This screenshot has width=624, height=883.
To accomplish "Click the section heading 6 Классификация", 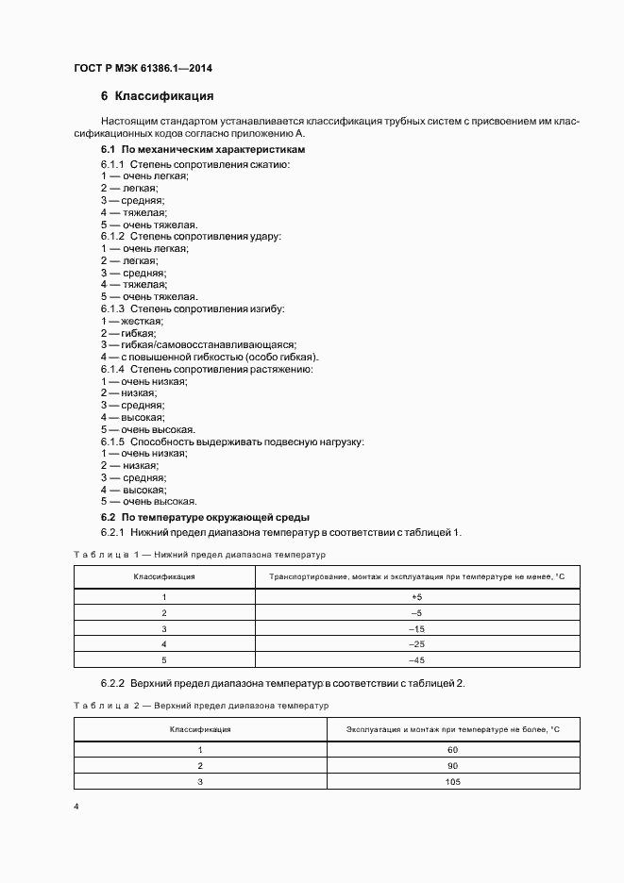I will click(157, 96).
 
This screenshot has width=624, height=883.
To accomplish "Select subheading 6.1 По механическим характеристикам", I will click(203, 150).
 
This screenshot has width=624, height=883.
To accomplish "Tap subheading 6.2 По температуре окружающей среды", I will click(205, 518).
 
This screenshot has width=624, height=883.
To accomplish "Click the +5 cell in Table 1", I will click(416, 597).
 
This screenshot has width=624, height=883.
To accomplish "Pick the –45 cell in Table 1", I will click(416, 659).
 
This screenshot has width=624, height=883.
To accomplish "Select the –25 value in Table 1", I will click(416, 643).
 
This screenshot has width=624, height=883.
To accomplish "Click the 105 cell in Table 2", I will click(453, 780).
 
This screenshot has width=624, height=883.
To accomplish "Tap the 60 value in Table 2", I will click(453, 749).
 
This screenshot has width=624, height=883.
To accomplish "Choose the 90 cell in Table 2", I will click(453, 765).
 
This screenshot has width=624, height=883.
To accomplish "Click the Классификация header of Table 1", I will click(164, 575).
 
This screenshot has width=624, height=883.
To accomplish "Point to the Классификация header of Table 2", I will click(200, 729).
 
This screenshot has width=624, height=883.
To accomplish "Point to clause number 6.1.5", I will click(113, 441).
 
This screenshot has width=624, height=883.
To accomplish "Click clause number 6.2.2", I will click(113, 683).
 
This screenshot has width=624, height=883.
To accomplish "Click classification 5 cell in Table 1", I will click(164, 659).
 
